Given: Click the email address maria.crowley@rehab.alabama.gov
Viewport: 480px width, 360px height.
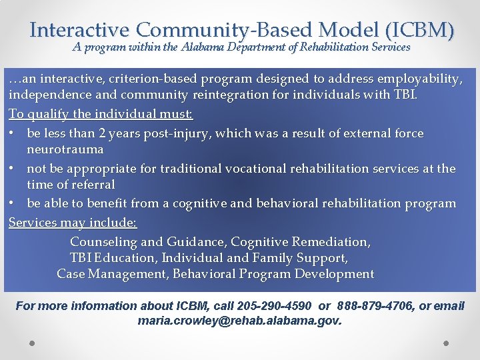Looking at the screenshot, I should pos(239,321).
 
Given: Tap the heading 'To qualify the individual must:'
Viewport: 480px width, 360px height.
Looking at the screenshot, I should pos(101,115).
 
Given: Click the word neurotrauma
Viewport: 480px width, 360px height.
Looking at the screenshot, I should pos(65,149).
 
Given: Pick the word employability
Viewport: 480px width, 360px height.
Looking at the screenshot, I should pos(414,79).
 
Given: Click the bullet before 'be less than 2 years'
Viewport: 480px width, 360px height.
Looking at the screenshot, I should pos(13,133).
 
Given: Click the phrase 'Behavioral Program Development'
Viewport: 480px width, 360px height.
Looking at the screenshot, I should pos(273,274).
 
